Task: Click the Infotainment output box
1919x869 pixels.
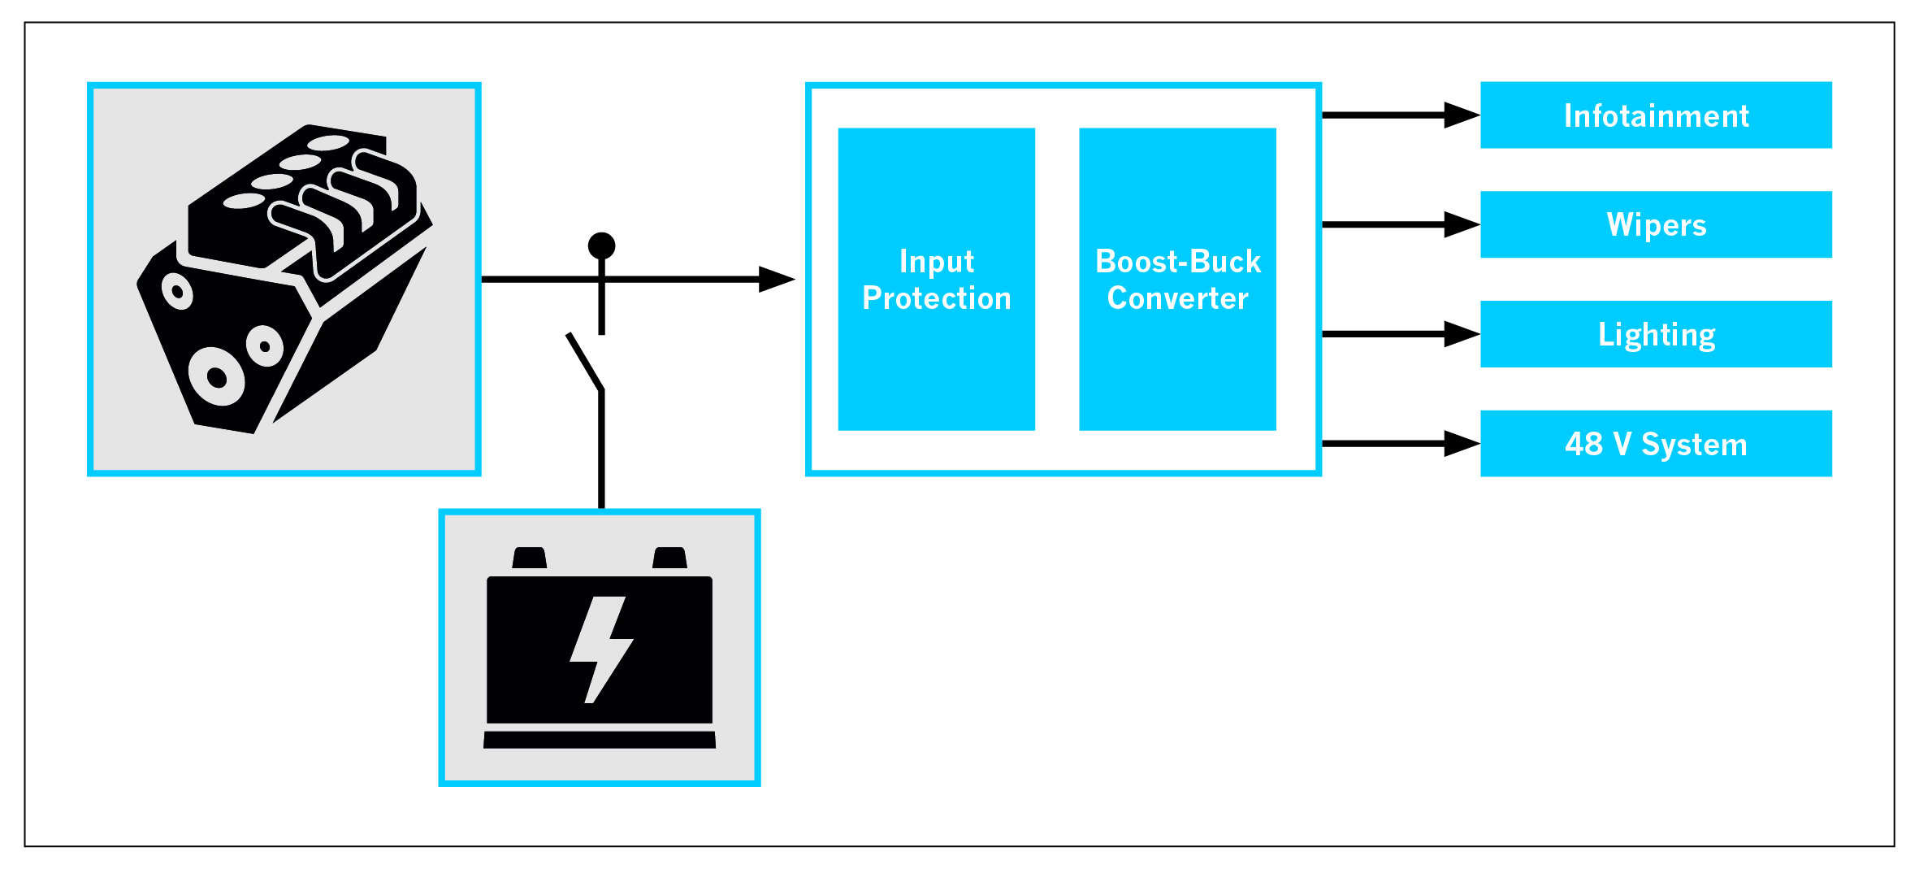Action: pyautogui.click(x=1655, y=115)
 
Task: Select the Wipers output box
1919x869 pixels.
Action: pyautogui.click(x=1655, y=224)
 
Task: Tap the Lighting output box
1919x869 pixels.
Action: pyautogui.click(x=1655, y=334)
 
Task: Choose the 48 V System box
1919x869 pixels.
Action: pyautogui.click(x=1655, y=444)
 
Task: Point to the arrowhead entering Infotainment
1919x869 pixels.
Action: pyautogui.click(x=1462, y=115)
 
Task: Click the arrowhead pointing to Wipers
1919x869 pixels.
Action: pyautogui.click(x=1462, y=224)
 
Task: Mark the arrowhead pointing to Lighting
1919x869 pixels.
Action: pyautogui.click(x=1462, y=334)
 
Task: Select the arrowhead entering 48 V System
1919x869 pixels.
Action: pyautogui.click(x=1462, y=444)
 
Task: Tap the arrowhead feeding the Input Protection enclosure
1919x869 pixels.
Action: pyautogui.click(x=776, y=279)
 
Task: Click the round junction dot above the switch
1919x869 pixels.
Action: pyautogui.click(x=601, y=245)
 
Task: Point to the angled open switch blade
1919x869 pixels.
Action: pyautogui.click(x=585, y=362)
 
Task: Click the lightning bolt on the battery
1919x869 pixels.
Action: pyautogui.click(x=601, y=649)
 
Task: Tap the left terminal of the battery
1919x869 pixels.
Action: pyautogui.click(x=530, y=558)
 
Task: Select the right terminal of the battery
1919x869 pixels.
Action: pyautogui.click(x=670, y=558)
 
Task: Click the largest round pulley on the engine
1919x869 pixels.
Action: pyautogui.click(x=217, y=376)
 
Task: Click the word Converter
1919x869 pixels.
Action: pyautogui.click(x=1177, y=298)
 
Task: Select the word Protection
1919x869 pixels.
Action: pyautogui.click(x=936, y=298)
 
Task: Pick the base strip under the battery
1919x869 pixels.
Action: pyautogui.click(x=600, y=740)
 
